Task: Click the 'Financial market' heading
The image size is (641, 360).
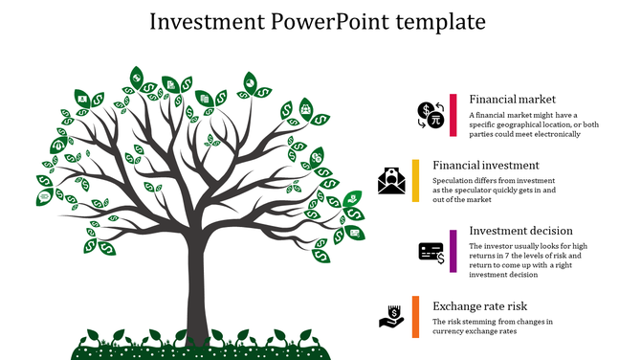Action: click(x=512, y=100)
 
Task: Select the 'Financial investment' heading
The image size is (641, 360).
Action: click(x=485, y=165)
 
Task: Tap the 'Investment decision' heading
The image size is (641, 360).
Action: click(x=520, y=231)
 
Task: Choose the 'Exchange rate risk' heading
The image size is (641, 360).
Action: click(x=480, y=305)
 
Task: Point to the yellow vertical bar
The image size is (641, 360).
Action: click(x=415, y=180)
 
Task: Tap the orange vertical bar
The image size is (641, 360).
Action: click(x=415, y=316)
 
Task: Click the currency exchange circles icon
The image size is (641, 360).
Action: click(x=431, y=115)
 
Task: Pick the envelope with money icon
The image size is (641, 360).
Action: click(x=391, y=180)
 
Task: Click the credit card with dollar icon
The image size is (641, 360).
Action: click(x=431, y=252)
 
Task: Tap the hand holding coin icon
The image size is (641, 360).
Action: click(x=391, y=316)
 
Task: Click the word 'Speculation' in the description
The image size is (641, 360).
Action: click(x=455, y=181)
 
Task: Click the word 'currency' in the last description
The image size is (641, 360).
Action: click(x=453, y=331)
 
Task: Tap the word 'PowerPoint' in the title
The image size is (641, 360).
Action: click(x=320, y=21)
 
